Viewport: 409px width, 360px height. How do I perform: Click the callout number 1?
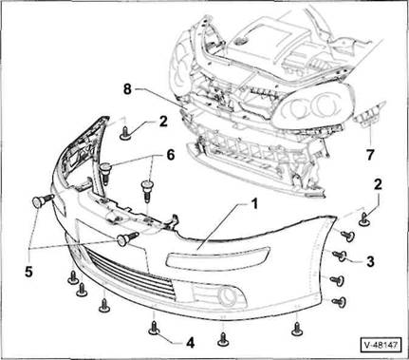pos(253,204)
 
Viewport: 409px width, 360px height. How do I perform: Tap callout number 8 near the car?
pos(127,89)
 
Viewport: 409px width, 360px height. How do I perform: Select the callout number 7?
pos(370,155)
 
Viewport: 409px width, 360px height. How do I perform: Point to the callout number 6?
pos(170,155)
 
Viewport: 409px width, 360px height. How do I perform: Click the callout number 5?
pos(28,272)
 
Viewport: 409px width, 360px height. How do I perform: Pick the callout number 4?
pos(190,342)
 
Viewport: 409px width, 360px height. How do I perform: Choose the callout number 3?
pos(370,261)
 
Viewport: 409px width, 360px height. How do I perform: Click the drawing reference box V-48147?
pos(381,345)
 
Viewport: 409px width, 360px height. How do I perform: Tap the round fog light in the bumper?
pos(227,295)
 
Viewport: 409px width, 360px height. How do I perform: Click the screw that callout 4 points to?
pos(154,328)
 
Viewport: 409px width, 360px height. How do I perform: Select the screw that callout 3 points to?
pos(339,256)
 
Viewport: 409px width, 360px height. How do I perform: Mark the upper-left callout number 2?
pos(163,122)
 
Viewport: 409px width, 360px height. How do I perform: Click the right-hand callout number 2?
pos(378,184)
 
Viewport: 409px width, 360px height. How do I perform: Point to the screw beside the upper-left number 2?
pos(125,133)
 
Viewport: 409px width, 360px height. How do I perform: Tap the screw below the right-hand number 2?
pos(364,219)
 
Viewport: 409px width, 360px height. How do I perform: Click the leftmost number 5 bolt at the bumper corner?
pos(42,200)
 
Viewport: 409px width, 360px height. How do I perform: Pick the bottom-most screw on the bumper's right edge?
pos(339,302)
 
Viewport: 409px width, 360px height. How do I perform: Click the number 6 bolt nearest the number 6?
pos(147,191)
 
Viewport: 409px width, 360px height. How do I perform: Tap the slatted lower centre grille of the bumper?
pos(130,274)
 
